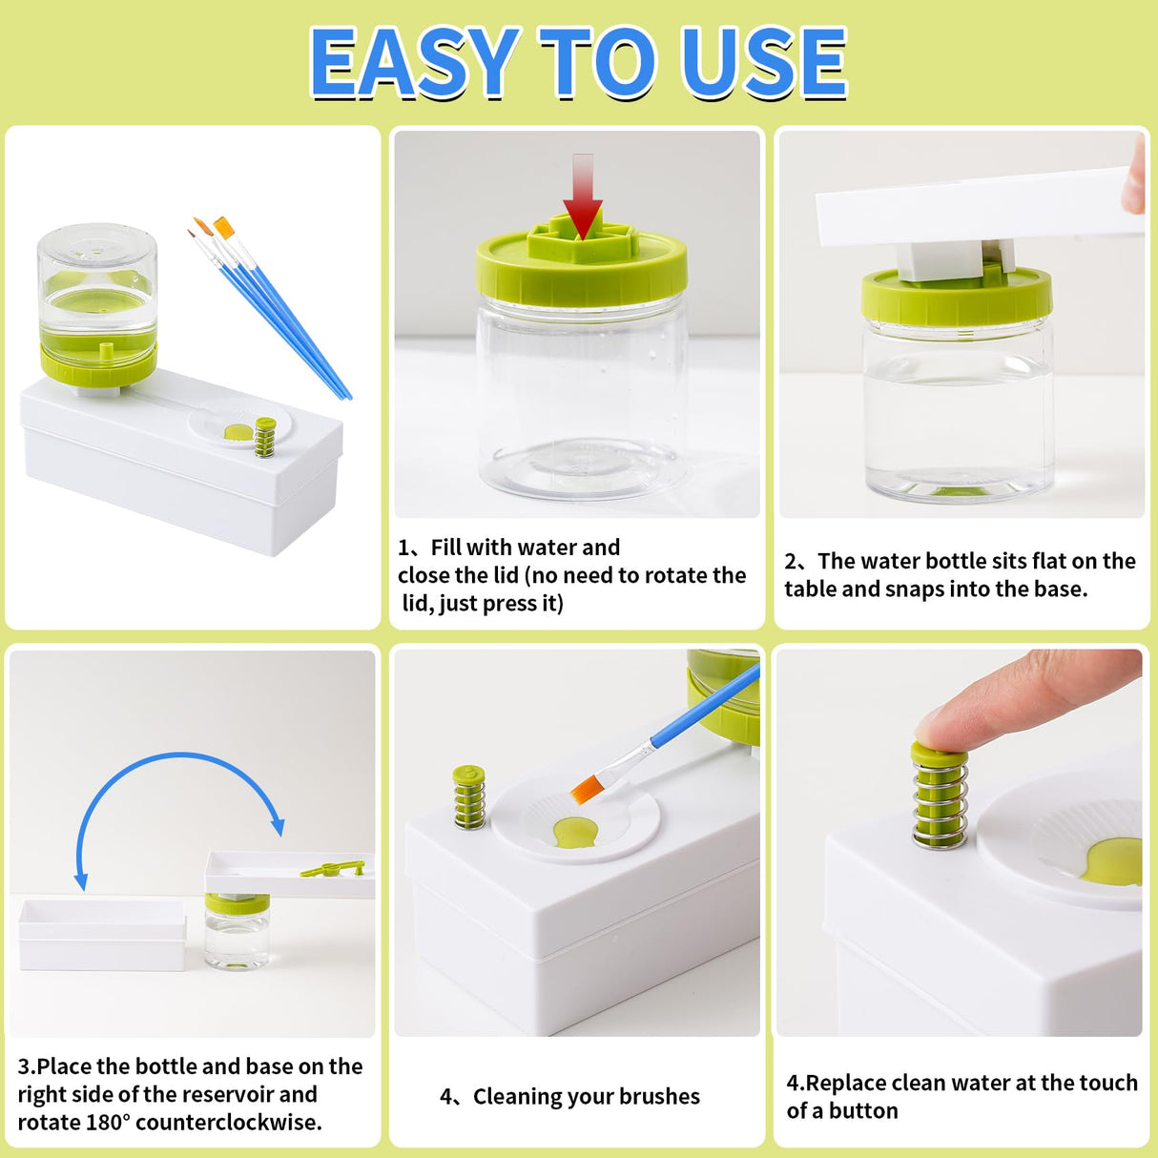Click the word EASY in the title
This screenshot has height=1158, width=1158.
point(414,63)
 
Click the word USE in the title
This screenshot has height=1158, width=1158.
point(763,63)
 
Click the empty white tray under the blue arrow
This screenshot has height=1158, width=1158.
point(102,934)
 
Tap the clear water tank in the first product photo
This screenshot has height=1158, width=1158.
point(97,286)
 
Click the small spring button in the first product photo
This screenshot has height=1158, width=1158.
point(265,437)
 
